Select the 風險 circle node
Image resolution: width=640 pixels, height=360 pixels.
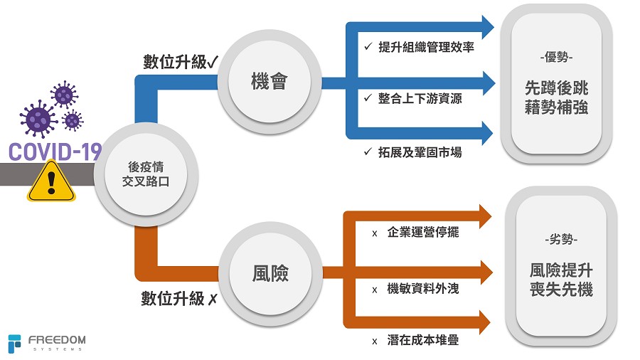pos(270,272)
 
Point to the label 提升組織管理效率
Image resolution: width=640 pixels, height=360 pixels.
pos(426,48)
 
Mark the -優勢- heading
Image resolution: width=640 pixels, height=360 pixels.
pos(556,56)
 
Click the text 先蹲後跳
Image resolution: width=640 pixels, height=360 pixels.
pos(557,89)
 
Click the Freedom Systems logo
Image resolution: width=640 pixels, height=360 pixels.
pos(47,343)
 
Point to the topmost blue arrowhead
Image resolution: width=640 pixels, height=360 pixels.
pos(486,26)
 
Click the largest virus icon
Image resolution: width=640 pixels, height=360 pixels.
pos(39,118)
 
